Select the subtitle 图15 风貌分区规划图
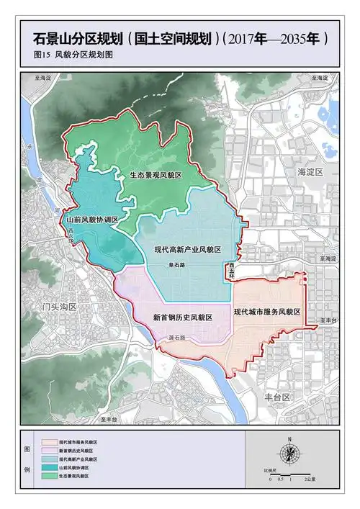[73, 54]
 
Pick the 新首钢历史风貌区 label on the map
[182, 317]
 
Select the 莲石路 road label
[177, 337]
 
